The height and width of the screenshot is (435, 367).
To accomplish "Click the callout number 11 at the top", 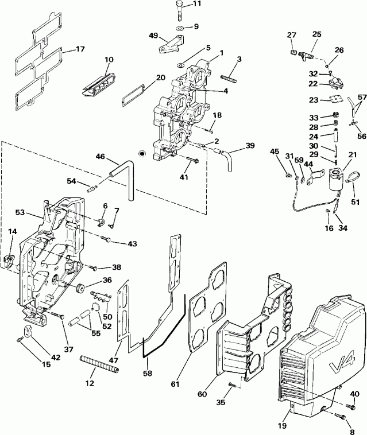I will click(196, 4).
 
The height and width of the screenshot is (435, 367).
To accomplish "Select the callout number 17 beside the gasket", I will click(79, 49).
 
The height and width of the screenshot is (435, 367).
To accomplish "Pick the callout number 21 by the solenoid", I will click(351, 154).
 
